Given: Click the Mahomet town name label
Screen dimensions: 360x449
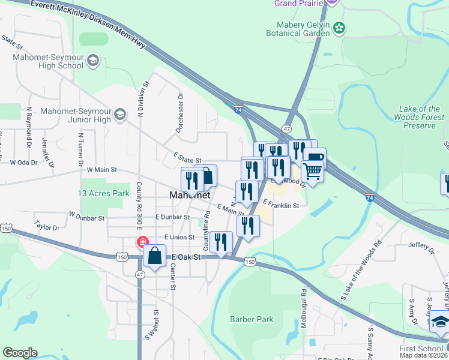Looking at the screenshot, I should click(190, 196).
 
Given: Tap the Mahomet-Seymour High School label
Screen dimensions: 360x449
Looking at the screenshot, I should click(49, 62).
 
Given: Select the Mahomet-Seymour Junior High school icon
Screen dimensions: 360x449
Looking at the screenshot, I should click(119, 113).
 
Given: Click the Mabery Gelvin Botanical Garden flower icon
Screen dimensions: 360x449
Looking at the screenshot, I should click(339, 27).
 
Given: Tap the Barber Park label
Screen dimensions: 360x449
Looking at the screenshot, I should click(252, 319).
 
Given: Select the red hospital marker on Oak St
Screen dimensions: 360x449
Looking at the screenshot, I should click(142, 243).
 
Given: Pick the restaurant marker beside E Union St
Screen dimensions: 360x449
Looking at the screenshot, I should click(221, 242).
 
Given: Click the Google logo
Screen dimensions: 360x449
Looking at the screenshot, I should click(20, 353).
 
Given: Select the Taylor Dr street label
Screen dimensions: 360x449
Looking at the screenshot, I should click(47, 227).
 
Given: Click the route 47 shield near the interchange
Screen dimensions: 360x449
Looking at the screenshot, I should click(286, 129).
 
